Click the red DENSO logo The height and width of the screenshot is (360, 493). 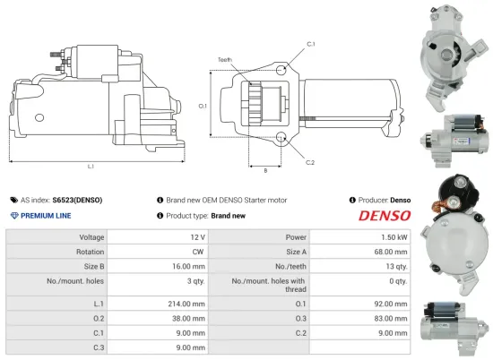pyautogui.click(x=385, y=216)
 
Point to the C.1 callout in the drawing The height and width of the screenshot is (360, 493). pyautogui.click(x=310, y=44)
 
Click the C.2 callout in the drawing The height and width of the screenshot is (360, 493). pyautogui.click(x=310, y=162)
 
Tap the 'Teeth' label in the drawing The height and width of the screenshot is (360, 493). pyautogui.click(x=224, y=60)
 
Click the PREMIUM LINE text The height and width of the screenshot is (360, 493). pyautogui.click(x=45, y=216)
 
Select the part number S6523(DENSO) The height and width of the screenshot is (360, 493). pyautogui.click(x=76, y=200)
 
